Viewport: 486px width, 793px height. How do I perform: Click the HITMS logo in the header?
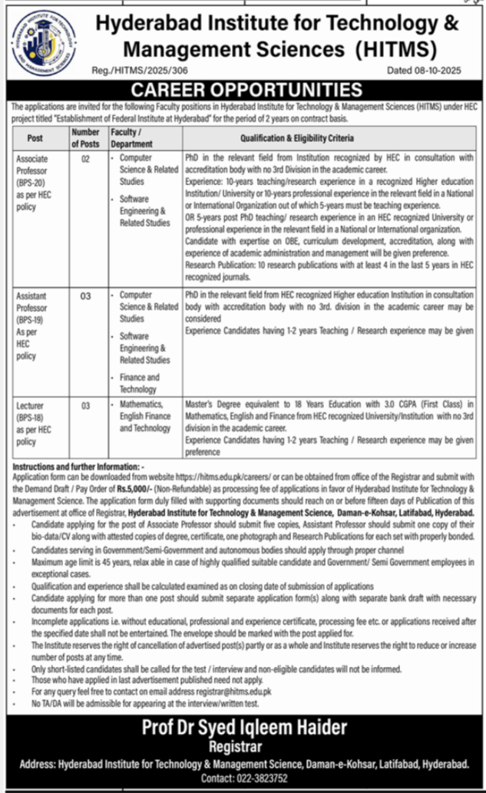[45, 47]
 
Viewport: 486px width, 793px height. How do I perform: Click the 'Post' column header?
[35, 139]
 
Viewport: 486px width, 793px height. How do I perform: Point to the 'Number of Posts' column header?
[86, 138]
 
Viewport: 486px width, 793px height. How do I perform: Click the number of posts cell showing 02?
[85, 158]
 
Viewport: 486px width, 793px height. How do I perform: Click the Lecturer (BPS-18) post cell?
[35, 421]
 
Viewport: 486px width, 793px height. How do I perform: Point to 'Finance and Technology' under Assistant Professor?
[140, 383]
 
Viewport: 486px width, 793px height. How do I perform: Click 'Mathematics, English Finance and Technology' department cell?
[145, 415]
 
